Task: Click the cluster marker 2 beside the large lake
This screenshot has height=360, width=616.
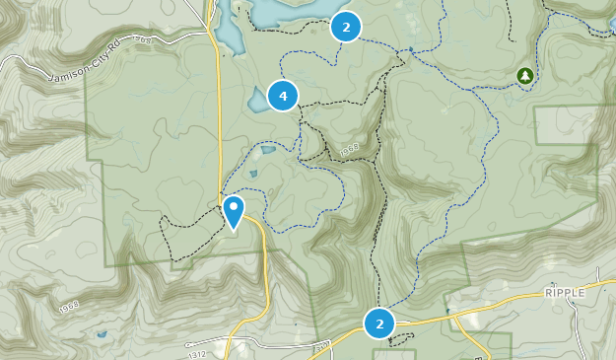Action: point(345,27)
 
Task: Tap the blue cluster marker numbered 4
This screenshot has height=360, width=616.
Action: point(283,96)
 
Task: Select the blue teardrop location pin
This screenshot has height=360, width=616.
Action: point(234,210)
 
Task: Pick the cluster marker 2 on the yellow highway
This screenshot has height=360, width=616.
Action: point(378,323)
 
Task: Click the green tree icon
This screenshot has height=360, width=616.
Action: point(524,75)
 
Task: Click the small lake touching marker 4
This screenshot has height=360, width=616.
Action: point(256,99)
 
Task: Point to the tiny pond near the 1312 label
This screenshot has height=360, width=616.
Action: point(102,335)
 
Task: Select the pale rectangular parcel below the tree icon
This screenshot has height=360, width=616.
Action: point(566,124)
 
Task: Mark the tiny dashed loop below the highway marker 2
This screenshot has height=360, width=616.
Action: point(397,340)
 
